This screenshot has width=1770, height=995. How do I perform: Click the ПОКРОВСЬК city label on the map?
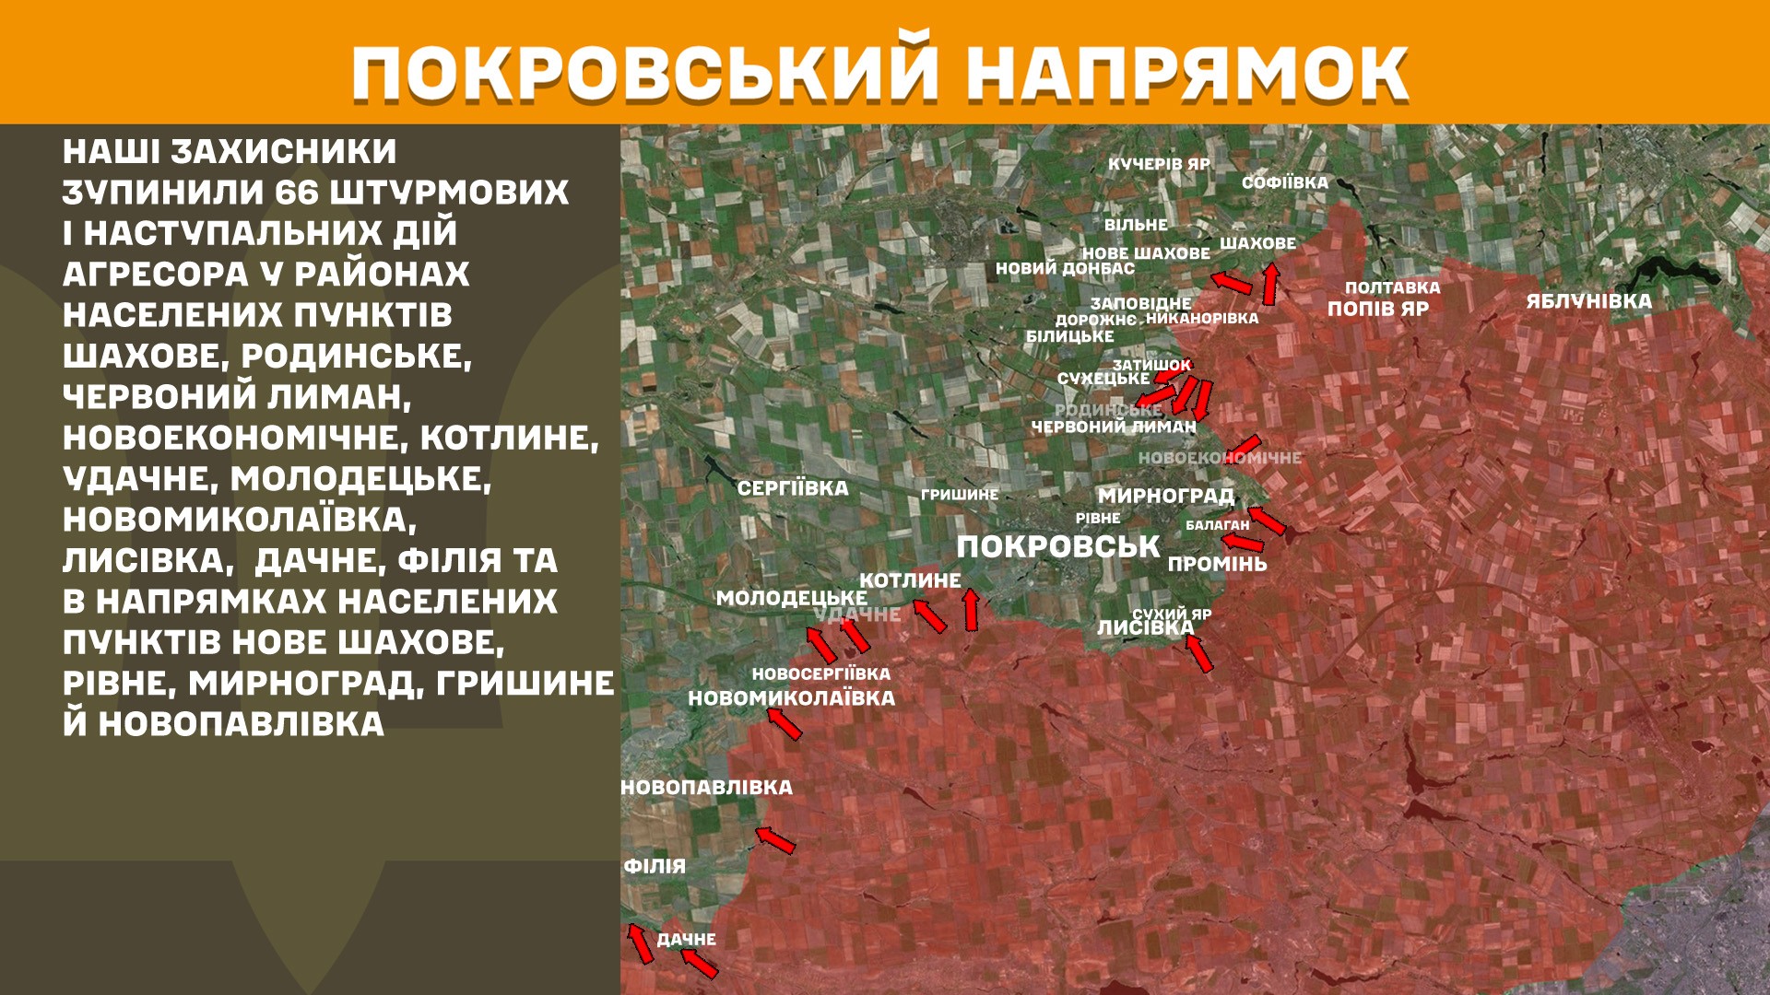pos(1057,546)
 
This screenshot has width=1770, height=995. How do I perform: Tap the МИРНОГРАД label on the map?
pos(1165,496)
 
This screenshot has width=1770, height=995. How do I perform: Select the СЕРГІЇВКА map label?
pos(792,488)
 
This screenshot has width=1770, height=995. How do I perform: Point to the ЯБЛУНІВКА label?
pos(1588,301)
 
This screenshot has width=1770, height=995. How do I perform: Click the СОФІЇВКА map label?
pos(1284,182)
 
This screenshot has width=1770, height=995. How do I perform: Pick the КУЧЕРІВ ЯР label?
pos(1159,164)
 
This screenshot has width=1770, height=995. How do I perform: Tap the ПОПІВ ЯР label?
pos(1377,309)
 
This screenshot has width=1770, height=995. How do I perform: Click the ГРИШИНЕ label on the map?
pos(959,495)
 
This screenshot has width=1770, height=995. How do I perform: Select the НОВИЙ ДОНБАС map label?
pos(1065,269)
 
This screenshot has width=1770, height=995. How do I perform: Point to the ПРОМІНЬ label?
pos(1217,564)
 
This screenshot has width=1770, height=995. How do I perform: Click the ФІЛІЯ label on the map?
pos(655,866)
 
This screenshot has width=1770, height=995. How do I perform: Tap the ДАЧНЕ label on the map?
pos(686,940)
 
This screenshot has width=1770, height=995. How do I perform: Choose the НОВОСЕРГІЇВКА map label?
pos(820,674)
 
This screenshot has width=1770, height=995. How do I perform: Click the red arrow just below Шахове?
pos(1270,284)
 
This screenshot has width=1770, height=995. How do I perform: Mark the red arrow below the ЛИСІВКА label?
pos(1198,652)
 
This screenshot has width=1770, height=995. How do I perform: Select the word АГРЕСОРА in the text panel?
pos(155,275)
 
